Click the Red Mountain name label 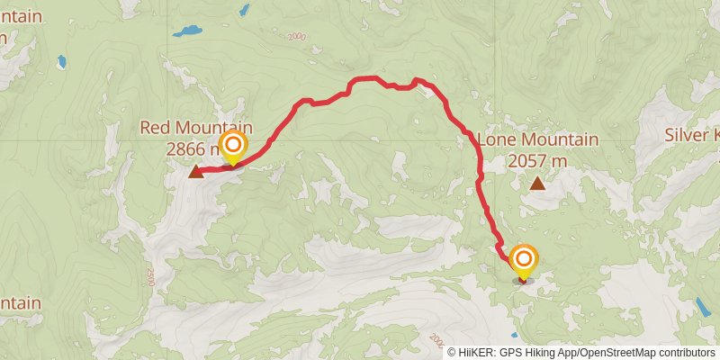(196, 129)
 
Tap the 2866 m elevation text (192, 148)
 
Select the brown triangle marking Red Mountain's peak (196, 172)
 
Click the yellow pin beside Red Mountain (233, 147)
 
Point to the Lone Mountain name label (537, 140)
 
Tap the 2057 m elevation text (537, 161)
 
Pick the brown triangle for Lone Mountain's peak (537, 184)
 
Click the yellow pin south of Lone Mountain (523, 261)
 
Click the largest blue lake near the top (188, 31)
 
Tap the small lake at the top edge (244, 10)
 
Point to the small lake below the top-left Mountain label (61, 62)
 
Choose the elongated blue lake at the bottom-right (702, 307)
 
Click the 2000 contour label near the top (299, 37)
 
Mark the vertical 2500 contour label (149, 276)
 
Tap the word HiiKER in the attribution (480, 352)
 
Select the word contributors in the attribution (685, 352)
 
